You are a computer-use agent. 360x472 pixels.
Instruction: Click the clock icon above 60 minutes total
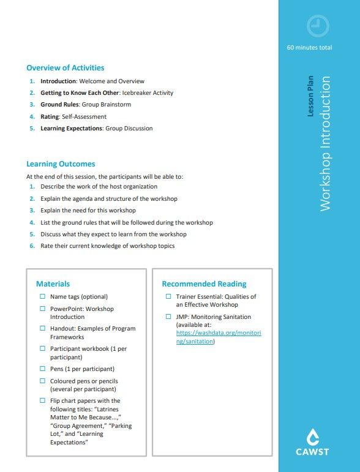[x=318, y=26]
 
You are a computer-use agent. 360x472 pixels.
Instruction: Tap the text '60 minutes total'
[x=309, y=48]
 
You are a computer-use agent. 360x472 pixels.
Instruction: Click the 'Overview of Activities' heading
[x=65, y=68]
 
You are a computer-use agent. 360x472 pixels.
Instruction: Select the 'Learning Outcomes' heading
[x=61, y=164]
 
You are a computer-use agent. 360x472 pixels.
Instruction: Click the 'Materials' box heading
[x=53, y=283]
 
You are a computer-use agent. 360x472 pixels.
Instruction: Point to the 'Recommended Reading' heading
[x=204, y=283]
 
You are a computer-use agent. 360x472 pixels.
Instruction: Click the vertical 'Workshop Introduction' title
[x=325, y=144]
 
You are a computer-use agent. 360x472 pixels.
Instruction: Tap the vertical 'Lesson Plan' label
[x=310, y=96]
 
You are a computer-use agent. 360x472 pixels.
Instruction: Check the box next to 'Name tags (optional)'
[x=43, y=297]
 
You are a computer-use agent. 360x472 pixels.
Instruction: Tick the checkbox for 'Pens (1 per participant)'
[x=43, y=369]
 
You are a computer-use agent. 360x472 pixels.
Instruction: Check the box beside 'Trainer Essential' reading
[x=170, y=297]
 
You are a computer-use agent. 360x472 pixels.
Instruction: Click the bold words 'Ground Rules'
[x=55, y=105]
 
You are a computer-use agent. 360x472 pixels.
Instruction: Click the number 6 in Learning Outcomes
[x=32, y=246]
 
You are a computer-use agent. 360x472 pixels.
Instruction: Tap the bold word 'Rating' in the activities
[x=50, y=117]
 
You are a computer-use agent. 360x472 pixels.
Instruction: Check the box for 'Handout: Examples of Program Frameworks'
[x=43, y=329]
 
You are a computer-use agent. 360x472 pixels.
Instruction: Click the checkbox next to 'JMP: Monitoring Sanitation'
[x=170, y=317]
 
